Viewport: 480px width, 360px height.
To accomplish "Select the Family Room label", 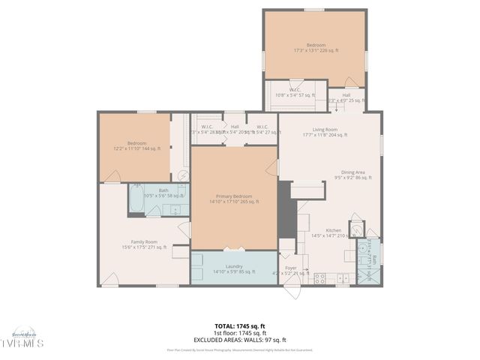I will point(144,244).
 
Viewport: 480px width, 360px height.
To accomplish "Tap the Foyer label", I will point(289,269).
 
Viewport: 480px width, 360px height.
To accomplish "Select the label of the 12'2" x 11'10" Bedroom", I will point(136,145).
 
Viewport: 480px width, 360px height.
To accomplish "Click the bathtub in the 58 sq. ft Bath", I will point(136,199).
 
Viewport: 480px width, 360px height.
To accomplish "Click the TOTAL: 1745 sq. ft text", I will point(240,326).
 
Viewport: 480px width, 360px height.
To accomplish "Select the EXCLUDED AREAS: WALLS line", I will point(240,340).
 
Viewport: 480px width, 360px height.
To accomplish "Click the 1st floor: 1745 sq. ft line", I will point(240,333).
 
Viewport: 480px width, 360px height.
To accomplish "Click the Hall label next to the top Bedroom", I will point(346,97).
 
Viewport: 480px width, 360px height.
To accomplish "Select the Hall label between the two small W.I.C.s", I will point(235,129).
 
